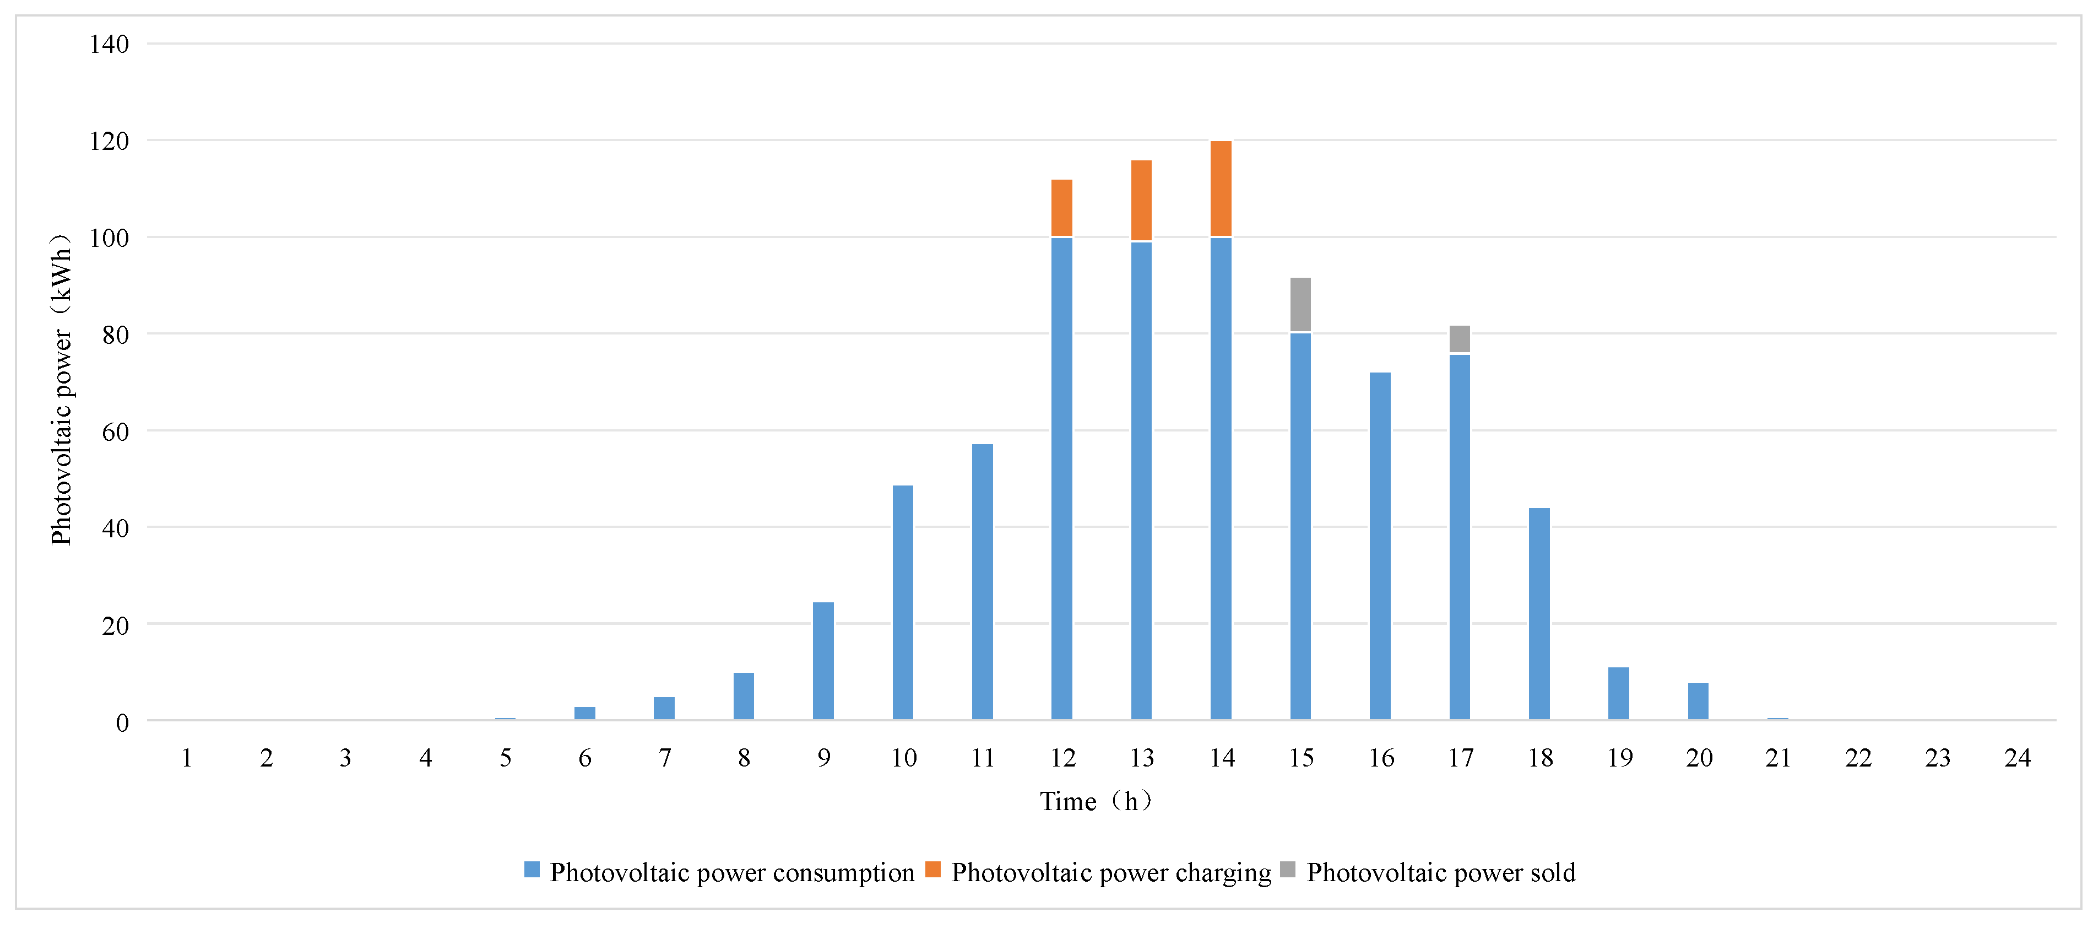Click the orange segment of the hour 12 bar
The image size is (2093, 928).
[1061, 208]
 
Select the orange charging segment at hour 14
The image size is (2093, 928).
[1221, 188]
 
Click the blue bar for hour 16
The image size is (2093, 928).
[1380, 546]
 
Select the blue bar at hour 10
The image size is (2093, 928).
[903, 602]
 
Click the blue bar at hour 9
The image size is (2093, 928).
[823, 661]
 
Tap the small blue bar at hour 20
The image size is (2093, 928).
[1698, 702]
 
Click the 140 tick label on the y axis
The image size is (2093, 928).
[109, 44]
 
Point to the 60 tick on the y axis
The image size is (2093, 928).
[115, 431]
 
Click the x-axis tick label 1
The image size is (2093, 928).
[187, 758]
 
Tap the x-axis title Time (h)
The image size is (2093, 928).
[1096, 802]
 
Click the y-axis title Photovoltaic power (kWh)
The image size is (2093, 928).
[62, 390]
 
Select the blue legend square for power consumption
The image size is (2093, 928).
[532, 870]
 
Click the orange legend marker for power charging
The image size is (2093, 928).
[932, 870]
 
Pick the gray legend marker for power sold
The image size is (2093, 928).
[1287, 870]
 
